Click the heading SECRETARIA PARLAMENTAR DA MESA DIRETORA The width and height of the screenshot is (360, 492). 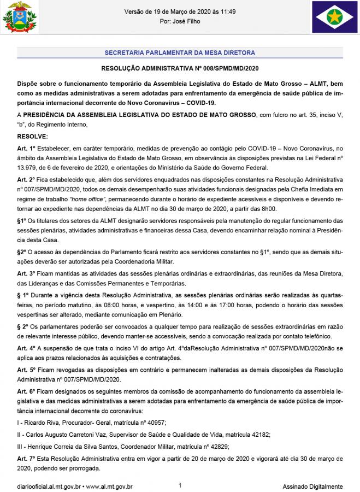pyautogui.click(x=180, y=53)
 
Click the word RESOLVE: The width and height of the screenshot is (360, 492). pyautogui.click(x=33, y=136)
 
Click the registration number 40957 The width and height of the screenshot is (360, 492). pyautogui.click(x=154, y=423)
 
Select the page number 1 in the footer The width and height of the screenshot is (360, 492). pyautogui.click(x=180, y=485)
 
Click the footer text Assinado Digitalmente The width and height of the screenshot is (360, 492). pyautogui.click(x=312, y=486)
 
